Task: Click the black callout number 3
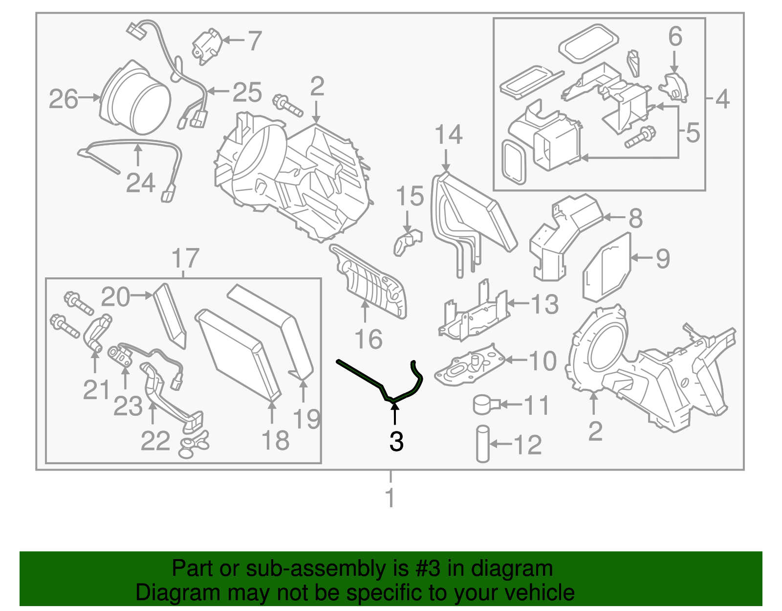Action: (x=396, y=442)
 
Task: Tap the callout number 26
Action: (x=64, y=99)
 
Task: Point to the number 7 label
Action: (x=255, y=41)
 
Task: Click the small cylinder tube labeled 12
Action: (x=483, y=444)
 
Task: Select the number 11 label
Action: (x=537, y=406)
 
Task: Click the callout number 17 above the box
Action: (x=185, y=258)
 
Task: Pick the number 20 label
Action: (x=115, y=297)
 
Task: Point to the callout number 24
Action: (x=140, y=183)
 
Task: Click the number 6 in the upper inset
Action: (x=675, y=37)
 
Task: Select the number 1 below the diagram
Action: (x=390, y=498)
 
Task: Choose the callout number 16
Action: (x=368, y=339)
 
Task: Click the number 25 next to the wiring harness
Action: (x=247, y=92)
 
